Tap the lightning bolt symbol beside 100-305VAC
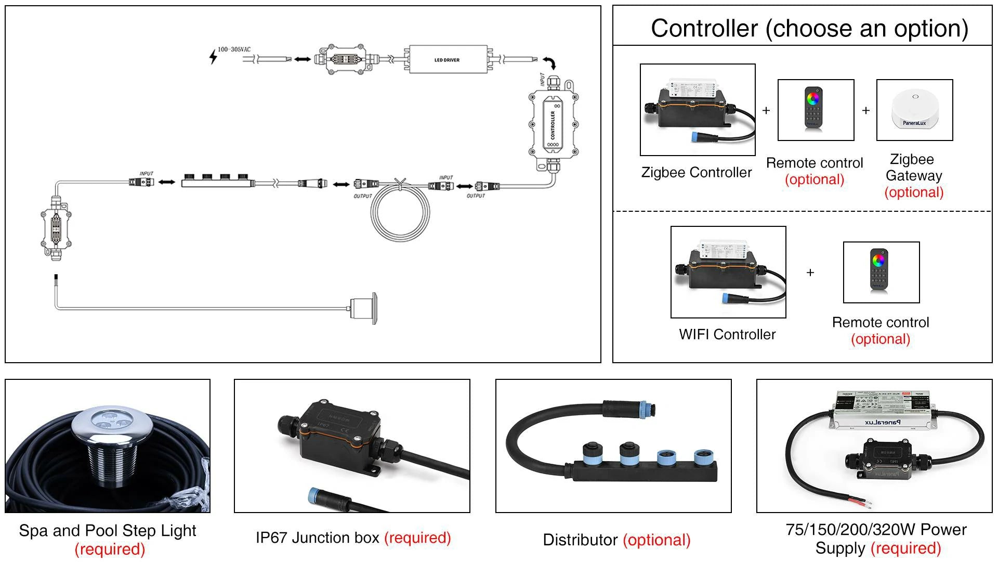point(213,56)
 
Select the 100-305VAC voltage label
point(234,49)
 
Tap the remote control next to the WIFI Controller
point(878,269)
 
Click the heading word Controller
point(704,28)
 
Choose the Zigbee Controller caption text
point(697,172)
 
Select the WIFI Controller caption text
point(727,334)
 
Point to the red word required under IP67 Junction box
point(417,538)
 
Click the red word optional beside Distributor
point(657,540)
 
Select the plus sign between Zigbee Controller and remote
point(766,110)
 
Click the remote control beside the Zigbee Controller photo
point(813,108)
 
